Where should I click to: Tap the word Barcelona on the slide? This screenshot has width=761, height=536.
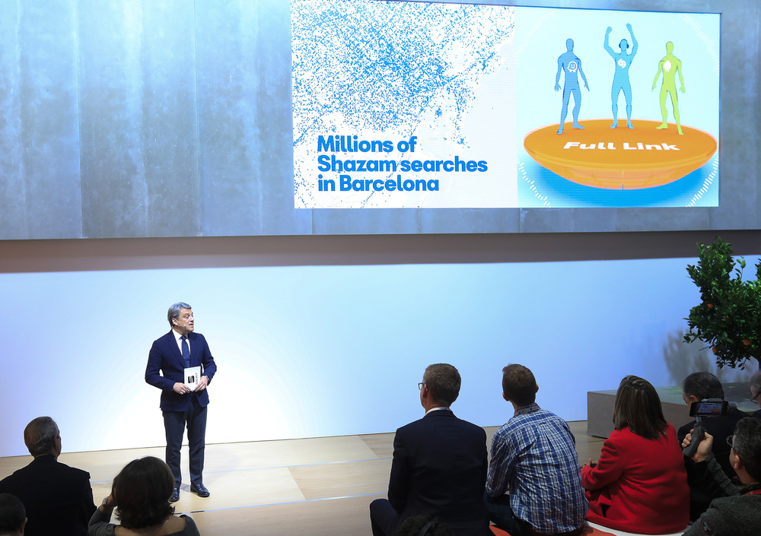pos(388,184)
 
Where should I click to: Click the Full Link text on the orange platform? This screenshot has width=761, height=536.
pos(621,145)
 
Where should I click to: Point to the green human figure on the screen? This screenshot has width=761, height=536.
pos(669,87)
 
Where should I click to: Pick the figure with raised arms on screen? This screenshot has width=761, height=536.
pos(621,75)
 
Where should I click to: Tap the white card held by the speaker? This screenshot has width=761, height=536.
pos(192,377)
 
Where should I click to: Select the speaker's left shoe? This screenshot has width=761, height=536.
pos(200,490)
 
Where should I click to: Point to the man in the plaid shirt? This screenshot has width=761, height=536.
pos(535,451)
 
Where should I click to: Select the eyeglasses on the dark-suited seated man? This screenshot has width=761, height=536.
pos(421,386)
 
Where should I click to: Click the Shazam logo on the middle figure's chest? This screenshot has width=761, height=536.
pos(621,63)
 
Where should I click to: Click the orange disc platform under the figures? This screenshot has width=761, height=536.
pos(620,153)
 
